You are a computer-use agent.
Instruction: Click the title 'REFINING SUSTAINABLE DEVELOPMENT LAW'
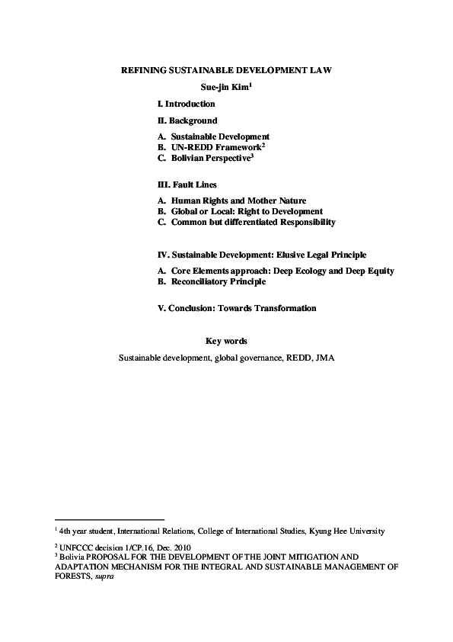(226, 70)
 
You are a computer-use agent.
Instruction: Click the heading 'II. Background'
(187, 120)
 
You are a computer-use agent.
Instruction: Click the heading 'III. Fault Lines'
(187, 185)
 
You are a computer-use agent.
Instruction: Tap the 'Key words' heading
(226, 341)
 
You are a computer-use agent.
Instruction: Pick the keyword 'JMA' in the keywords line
(325, 356)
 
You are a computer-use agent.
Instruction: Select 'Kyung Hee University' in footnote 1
(343, 531)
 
